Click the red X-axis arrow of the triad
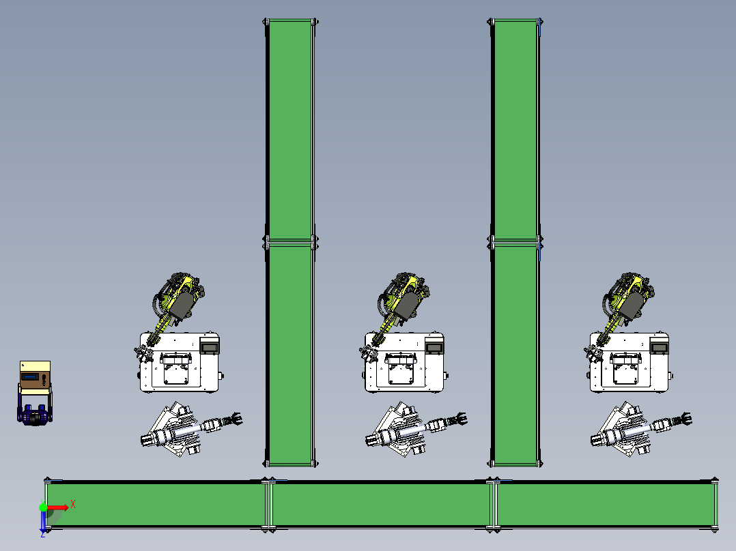[57, 507]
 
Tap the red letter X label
[73, 505]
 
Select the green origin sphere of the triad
[43, 507]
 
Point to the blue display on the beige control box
[29, 377]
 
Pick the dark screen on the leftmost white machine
[210, 348]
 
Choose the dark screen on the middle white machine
[434, 348]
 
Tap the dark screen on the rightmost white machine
[660, 348]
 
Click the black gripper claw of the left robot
[233, 419]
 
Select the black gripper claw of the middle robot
[457, 419]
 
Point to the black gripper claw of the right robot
[683, 419]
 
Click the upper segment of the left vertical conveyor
[290, 130]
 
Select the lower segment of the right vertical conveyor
[515, 354]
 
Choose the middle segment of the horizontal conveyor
[381, 505]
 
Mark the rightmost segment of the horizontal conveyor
[606, 505]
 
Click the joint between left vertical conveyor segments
[290, 242]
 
